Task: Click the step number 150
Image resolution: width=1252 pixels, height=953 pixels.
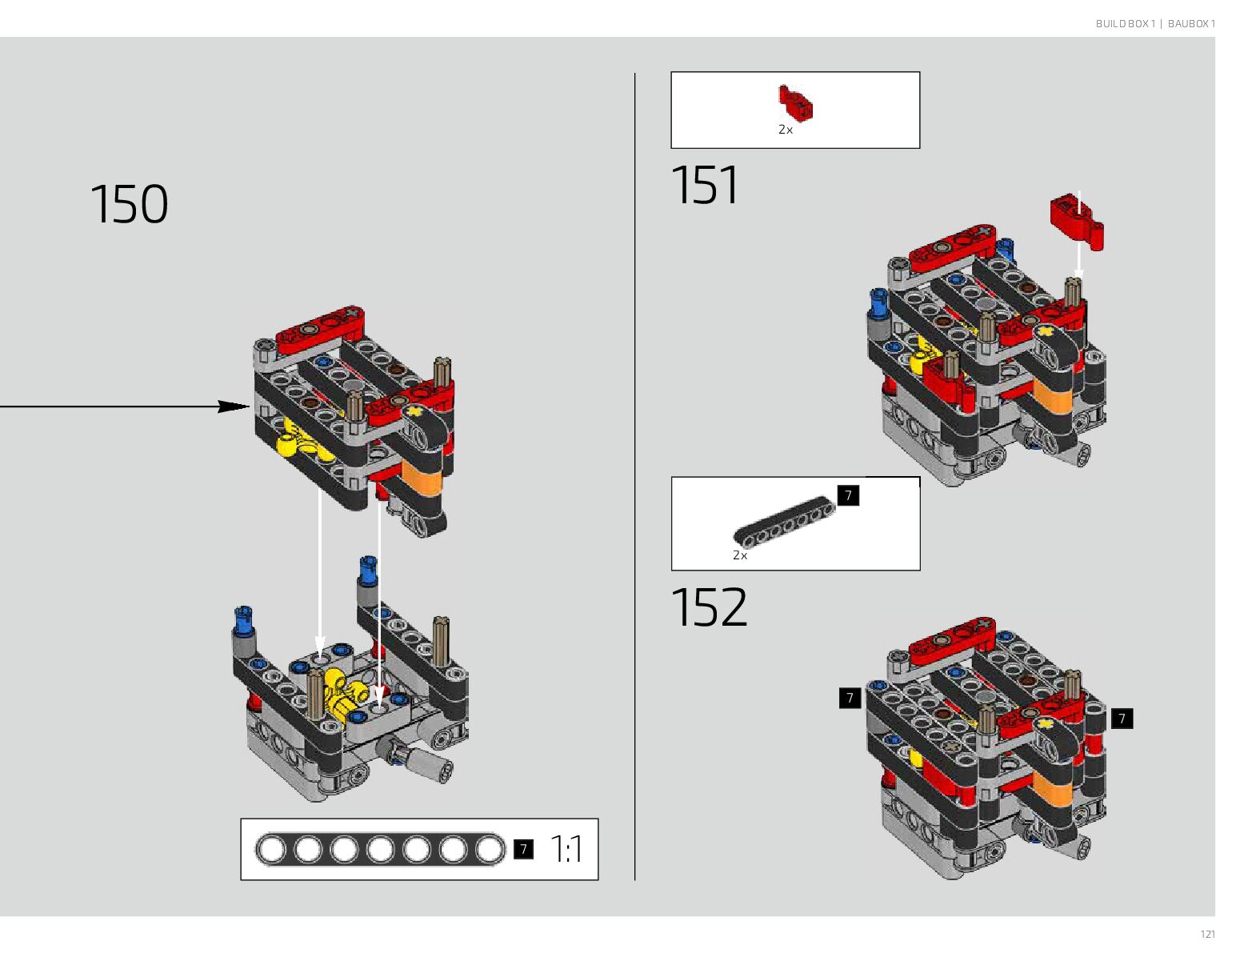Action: tap(129, 204)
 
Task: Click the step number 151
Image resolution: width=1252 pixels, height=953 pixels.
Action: tap(704, 186)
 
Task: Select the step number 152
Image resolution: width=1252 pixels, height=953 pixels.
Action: tap(709, 607)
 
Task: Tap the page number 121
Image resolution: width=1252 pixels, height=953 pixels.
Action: tap(1207, 934)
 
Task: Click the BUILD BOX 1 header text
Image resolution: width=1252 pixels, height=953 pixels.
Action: tap(1125, 24)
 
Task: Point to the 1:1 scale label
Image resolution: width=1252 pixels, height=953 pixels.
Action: tap(566, 849)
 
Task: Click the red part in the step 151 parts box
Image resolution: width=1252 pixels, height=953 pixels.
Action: tap(796, 103)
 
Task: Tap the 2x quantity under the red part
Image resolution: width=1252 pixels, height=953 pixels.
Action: tap(786, 130)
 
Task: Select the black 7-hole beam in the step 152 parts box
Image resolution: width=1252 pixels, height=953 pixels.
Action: tap(785, 522)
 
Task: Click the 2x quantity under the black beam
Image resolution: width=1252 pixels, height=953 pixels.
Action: tap(740, 555)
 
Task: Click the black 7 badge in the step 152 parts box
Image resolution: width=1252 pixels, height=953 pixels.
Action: tap(848, 495)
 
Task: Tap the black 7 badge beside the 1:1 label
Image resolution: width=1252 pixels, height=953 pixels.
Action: tap(523, 849)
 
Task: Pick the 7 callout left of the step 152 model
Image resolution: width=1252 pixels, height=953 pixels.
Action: tap(850, 698)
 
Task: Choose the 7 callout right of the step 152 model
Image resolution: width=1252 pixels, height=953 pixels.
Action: tap(1122, 719)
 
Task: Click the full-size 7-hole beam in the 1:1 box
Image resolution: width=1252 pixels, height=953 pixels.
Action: tap(380, 849)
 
